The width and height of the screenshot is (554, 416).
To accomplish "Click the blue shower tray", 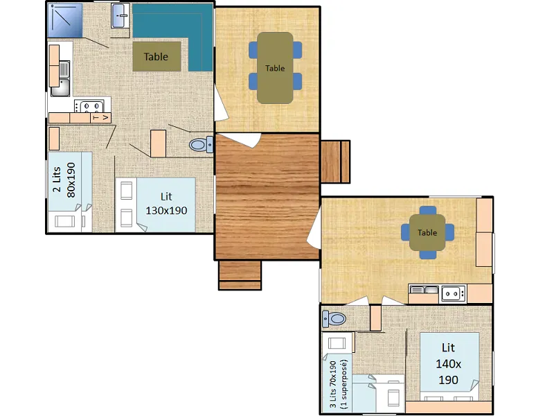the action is coord(65,20).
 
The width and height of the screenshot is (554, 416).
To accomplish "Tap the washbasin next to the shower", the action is coord(120,16).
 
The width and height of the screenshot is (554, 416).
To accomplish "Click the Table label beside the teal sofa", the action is coord(156,57).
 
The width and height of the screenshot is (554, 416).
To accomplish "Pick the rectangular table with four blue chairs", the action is coord(275,68).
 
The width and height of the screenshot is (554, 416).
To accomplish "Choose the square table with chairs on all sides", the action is coord(427,232).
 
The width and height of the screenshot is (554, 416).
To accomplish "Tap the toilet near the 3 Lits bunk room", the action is coord(334,319).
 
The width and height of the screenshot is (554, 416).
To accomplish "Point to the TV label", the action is coord(100,117).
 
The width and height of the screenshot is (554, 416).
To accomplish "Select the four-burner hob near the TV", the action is coord(89,106).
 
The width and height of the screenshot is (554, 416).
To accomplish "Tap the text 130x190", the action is coord(166,211).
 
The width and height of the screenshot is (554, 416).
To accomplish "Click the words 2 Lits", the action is coord(57,180).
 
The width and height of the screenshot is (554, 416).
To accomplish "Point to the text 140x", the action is coord(448,363).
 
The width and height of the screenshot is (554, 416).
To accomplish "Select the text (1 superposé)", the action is coord(344,384).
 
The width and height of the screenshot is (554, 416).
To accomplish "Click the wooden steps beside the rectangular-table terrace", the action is coord(335,162).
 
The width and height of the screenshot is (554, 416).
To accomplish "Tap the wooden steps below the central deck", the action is coord(240,275).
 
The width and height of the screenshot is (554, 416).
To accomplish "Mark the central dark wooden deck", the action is coord(267,196).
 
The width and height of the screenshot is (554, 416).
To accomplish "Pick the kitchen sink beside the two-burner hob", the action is coord(424,290).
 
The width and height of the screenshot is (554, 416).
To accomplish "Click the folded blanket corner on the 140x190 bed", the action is coord(474,385).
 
